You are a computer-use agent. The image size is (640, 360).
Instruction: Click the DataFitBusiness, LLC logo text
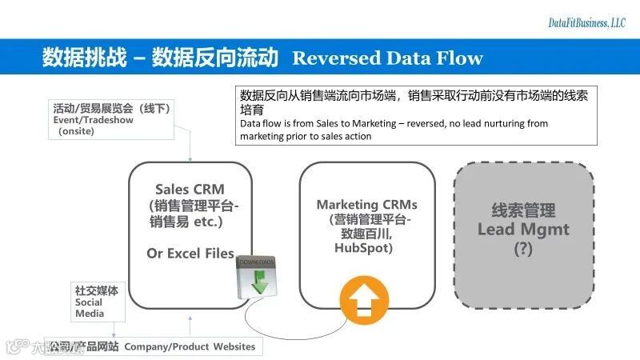coord(586,24)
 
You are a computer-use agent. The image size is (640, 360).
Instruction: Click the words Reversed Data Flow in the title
coord(388,58)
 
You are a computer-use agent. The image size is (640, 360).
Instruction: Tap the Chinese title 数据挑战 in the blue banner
coord(75,58)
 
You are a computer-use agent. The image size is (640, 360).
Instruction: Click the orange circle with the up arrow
coord(361,302)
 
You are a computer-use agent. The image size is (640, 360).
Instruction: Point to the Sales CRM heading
coord(190,189)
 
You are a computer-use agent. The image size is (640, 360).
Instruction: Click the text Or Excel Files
coord(190,253)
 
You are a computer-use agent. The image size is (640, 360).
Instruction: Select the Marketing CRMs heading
coord(366,205)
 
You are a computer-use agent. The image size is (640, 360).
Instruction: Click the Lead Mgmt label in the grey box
coord(523,230)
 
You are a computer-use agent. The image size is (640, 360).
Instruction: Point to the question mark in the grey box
coord(523,248)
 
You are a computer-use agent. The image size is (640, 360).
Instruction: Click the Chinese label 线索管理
coord(523,210)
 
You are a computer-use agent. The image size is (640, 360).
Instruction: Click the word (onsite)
coord(77,131)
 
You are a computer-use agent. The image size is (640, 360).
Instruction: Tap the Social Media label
coord(89,308)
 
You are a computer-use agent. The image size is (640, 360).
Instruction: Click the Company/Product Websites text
coord(190,346)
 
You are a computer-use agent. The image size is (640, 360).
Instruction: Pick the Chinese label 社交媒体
coord(96,291)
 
